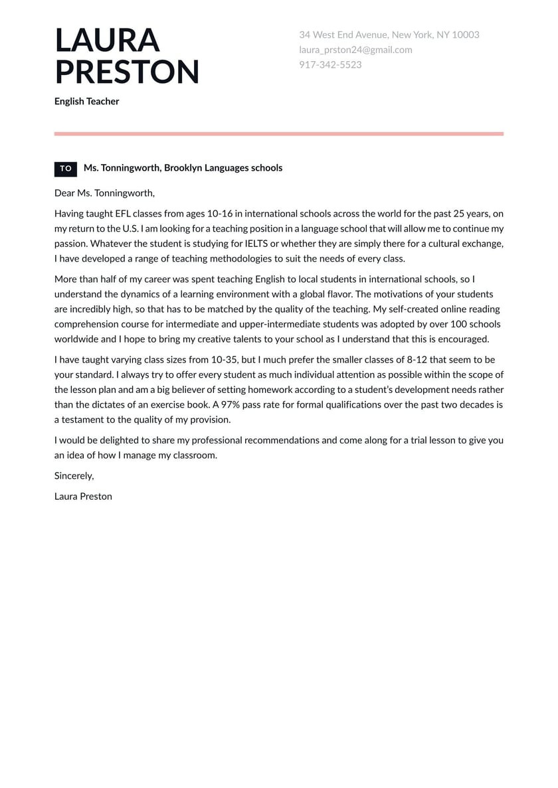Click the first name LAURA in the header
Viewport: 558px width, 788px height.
pyautogui.click(x=107, y=40)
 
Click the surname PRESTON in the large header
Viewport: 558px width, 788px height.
pyautogui.click(x=127, y=72)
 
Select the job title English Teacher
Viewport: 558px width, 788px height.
pyautogui.click(x=86, y=102)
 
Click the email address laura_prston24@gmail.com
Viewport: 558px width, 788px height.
pyautogui.click(x=355, y=50)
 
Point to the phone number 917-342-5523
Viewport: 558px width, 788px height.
pyautogui.click(x=330, y=65)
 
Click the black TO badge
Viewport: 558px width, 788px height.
pyautogui.click(x=66, y=169)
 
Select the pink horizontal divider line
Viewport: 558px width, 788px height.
pyautogui.click(x=278, y=133)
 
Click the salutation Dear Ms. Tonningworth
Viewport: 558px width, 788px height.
pyautogui.click(x=104, y=193)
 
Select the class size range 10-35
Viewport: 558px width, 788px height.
pyautogui.click(x=227, y=360)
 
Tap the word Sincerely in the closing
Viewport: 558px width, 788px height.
pyautogui.click(x=74, y=475)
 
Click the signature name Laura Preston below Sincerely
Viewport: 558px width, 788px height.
pyautogui.click(x=83, y=496)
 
